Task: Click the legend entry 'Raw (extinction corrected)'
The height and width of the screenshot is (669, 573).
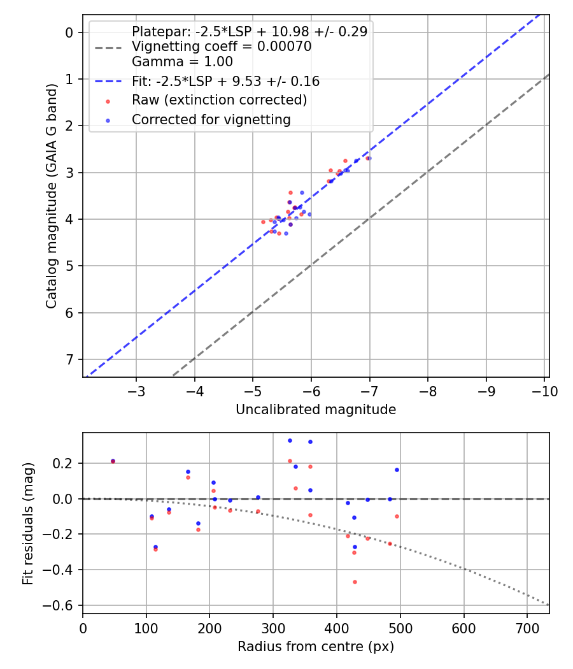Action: (219, 100)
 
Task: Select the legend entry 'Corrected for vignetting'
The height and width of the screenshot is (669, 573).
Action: (211, 119)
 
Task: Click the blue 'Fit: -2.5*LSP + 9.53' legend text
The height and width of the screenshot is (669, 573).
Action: (225, 81)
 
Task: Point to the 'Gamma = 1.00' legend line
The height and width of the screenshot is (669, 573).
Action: (182, 62)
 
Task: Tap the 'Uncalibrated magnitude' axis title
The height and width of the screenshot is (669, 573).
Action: (316, 410)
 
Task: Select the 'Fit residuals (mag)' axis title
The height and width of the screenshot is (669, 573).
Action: (27, 523)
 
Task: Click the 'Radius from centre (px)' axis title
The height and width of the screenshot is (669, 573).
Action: (316, 647)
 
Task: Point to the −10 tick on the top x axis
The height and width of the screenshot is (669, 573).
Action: (545, 391)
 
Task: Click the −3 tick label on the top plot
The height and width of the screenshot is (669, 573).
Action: (136, 391)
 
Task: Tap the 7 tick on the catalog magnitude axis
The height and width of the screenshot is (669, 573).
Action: (70, 360)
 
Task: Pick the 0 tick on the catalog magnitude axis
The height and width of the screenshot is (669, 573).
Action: (70, 32)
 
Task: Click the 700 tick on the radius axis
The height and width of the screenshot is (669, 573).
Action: (527, 628)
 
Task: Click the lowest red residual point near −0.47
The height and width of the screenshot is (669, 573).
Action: (355, 582)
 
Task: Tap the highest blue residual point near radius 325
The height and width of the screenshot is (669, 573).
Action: (290, 440)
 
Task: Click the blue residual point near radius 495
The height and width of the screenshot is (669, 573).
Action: (397, 470)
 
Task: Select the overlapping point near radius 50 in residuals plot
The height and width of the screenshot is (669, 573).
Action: (113, 461)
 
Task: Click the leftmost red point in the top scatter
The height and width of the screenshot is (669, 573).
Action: (263, 222)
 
